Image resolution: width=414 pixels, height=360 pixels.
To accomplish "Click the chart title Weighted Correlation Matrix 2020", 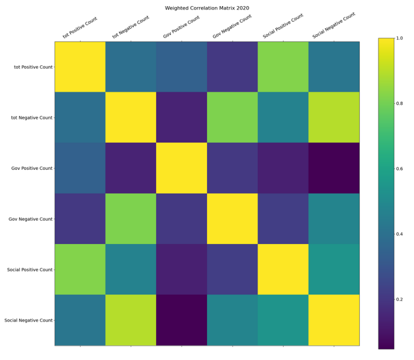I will (207, 8).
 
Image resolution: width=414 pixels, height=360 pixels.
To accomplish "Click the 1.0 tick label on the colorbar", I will (399, 38).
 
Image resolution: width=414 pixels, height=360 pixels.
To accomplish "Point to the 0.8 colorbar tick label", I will (399, 103).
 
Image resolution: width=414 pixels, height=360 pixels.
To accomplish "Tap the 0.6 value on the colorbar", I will (399, 169).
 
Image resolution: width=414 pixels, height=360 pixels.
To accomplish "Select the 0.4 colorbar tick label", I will (399, 234).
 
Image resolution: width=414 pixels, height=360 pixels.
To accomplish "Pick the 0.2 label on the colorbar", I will (399, 299).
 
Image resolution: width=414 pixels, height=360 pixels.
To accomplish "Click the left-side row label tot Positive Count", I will (33, 67).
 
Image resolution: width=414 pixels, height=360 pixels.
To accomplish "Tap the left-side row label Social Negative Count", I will (28, 320).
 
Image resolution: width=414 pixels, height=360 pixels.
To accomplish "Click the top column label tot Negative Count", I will (131, 27).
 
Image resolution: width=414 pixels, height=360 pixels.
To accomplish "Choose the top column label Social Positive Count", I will (283, 26).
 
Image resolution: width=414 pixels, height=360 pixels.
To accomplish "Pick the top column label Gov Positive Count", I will (181, 27).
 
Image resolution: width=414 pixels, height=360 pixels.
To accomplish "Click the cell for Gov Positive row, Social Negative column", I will (334, 168).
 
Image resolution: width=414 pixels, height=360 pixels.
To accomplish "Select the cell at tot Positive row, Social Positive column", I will (283, 67).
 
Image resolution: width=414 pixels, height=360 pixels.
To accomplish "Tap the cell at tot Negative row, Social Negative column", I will (334, 117).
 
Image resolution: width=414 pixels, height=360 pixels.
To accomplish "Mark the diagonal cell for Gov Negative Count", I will (232, 219).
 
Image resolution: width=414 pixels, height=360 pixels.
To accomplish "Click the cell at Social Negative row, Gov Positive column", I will (181, 320).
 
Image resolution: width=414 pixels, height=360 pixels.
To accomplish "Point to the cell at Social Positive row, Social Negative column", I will (334, 269).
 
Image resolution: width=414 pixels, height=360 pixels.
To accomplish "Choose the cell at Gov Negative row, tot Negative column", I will (131, 219).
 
